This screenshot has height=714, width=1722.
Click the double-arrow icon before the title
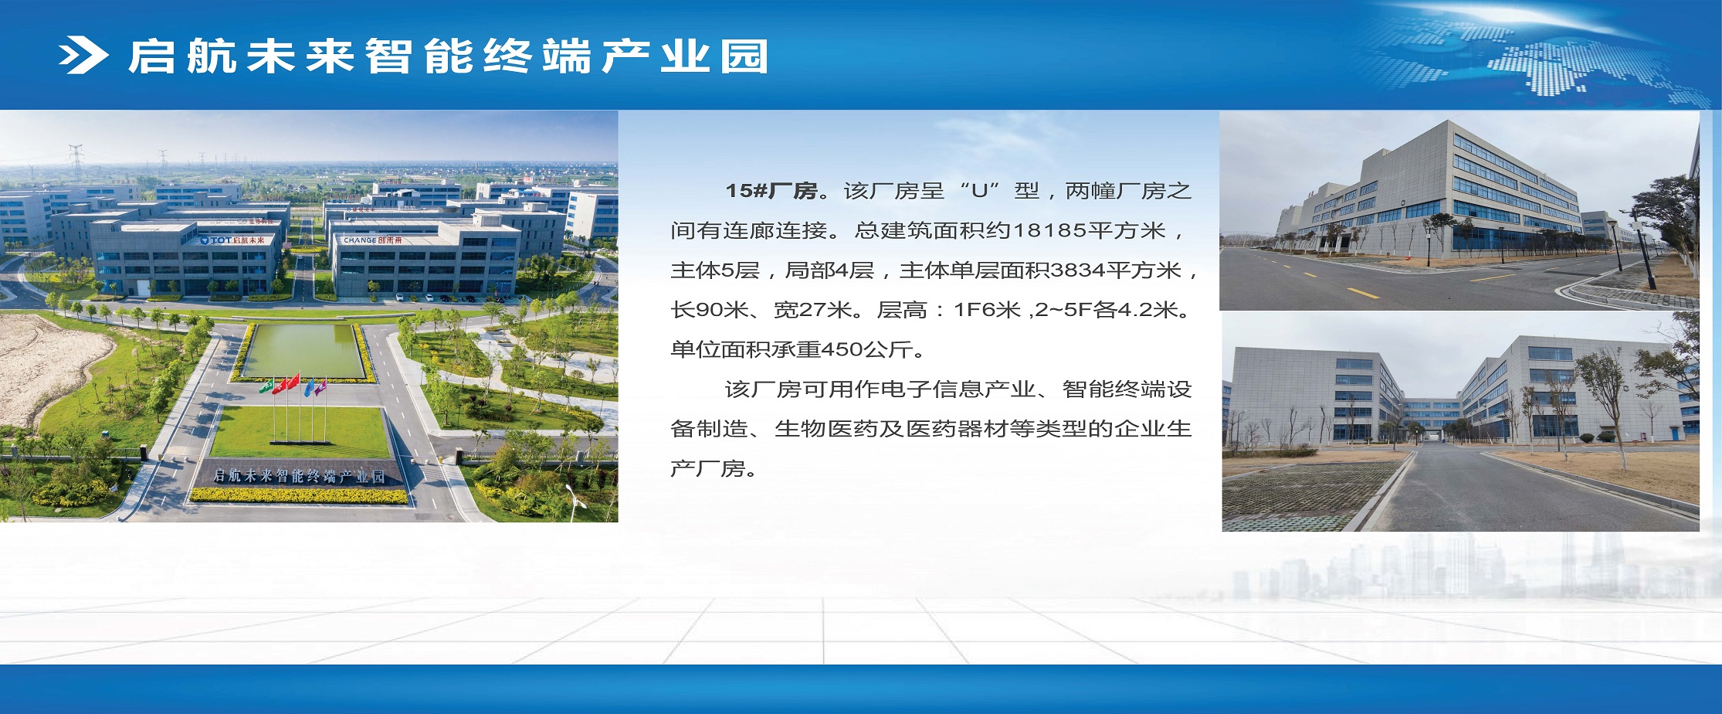[x=83, y=56]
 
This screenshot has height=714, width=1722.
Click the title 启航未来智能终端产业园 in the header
[x=448, y=56]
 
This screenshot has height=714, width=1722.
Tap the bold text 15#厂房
[x=771, y=191]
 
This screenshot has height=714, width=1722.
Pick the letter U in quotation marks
[x=979, y=191]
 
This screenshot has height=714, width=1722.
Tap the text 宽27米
[x=812, y=310]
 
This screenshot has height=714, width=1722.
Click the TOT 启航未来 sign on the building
[x=232, y=240]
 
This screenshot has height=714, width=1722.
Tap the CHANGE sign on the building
[x=372, y=240]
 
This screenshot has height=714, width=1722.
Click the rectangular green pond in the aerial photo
[x=303, y=352]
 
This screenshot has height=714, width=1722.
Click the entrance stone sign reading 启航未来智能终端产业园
[x=299, y=476]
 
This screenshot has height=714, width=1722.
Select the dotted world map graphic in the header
[x=1537, y=58]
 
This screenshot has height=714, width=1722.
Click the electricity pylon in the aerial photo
[x=76, y=161]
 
